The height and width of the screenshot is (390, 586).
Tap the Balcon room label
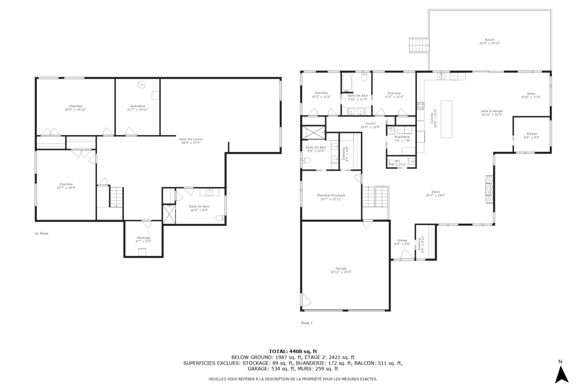point(490,40)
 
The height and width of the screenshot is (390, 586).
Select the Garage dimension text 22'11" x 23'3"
point(341,272)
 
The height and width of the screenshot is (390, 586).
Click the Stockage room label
point(143,238)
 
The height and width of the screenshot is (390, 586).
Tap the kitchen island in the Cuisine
point(447,119)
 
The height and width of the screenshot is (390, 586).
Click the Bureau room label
point(532,134)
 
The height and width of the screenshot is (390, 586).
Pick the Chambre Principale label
point(331,195)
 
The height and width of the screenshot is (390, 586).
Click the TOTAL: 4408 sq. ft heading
point(293,351)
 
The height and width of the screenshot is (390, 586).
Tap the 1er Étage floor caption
point(41,233)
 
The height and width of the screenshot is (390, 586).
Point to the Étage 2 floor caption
point(307,323)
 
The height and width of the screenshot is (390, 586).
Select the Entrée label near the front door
point(402,240)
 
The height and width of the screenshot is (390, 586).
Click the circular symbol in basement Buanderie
point(142,84)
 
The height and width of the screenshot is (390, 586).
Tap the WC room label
point(398,161)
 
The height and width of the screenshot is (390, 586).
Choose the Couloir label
point(370,123)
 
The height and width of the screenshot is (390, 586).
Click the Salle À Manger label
point(492,111)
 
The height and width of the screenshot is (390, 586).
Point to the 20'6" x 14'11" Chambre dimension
point(75,109)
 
